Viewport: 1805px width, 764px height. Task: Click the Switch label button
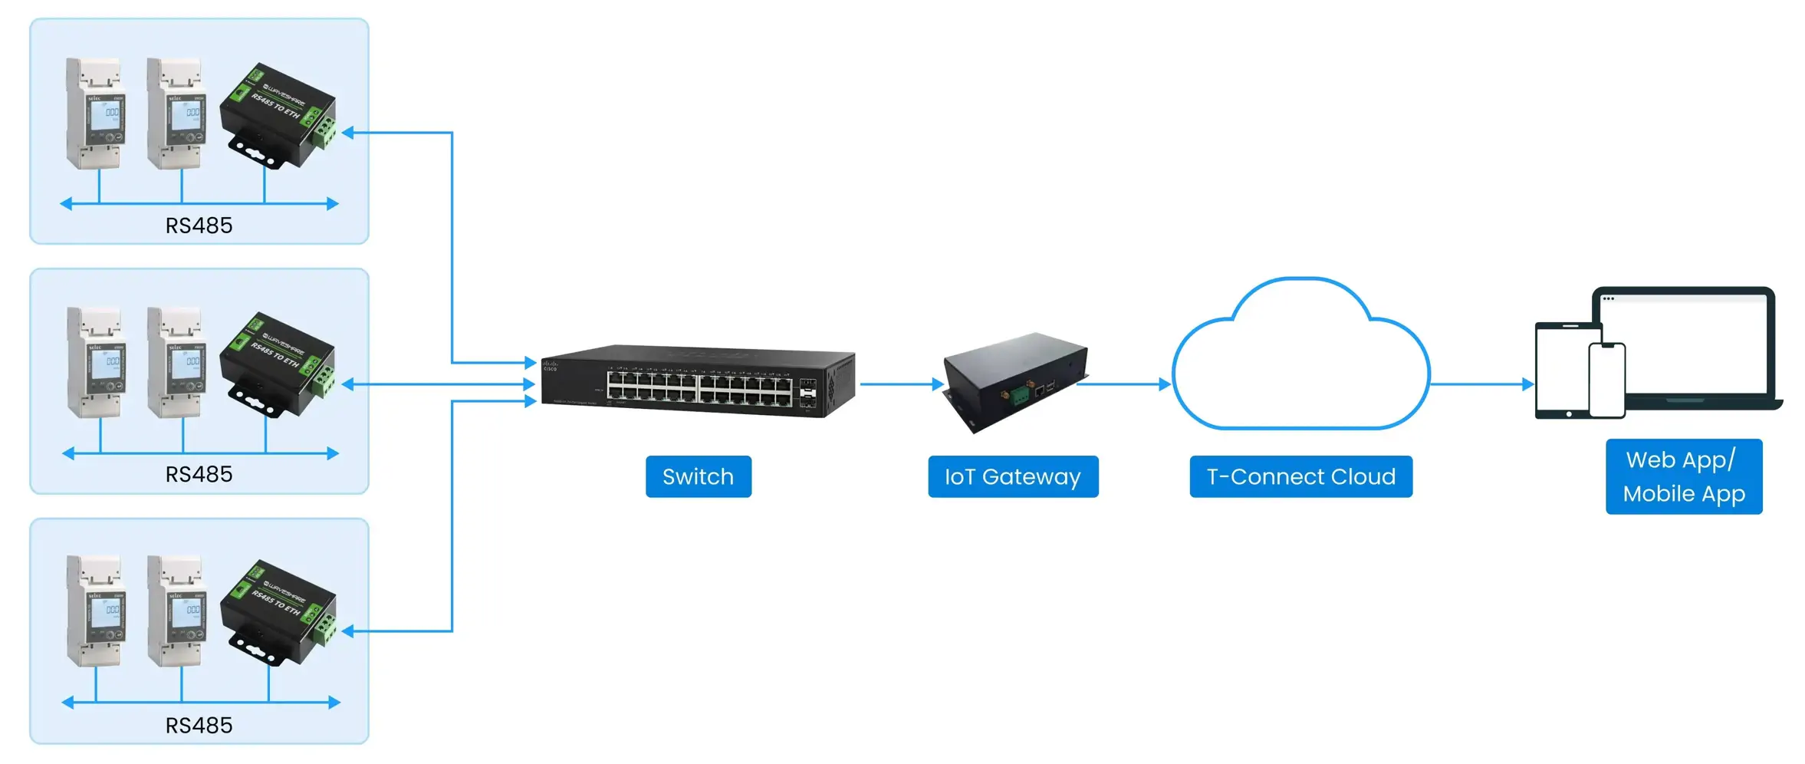(698, 476)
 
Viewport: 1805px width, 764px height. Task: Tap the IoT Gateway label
(1012, 476)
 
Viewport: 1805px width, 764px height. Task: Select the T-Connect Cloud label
(1300, 476)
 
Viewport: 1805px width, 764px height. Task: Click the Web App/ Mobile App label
(1683, 476)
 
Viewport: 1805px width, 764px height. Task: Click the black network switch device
(698, 381)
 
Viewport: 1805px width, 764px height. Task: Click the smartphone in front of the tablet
(1606, 380)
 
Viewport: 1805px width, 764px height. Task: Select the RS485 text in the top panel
(199, 226)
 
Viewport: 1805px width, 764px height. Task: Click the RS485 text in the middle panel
(199, 474)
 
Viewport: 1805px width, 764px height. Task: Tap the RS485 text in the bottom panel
(199, 725)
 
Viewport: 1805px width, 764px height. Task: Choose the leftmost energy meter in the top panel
(95, 113)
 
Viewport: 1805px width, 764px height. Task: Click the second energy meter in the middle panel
(176, 362)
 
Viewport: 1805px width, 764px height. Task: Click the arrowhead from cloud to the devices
(1527, 384)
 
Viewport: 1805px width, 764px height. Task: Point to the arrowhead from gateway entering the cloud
(1165, 384)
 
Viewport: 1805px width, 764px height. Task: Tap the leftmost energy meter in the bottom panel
(95, 611)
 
